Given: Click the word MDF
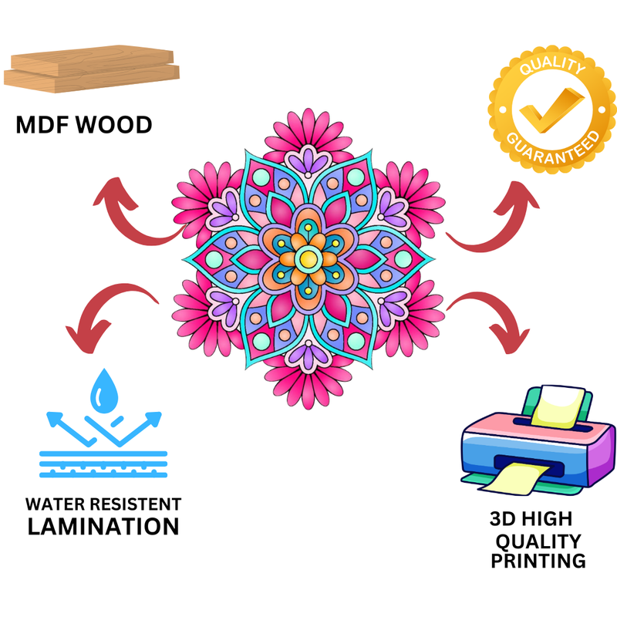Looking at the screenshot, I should [42, 125].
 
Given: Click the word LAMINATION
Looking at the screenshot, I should [103, 527].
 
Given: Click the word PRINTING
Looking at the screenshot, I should [538, 560].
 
